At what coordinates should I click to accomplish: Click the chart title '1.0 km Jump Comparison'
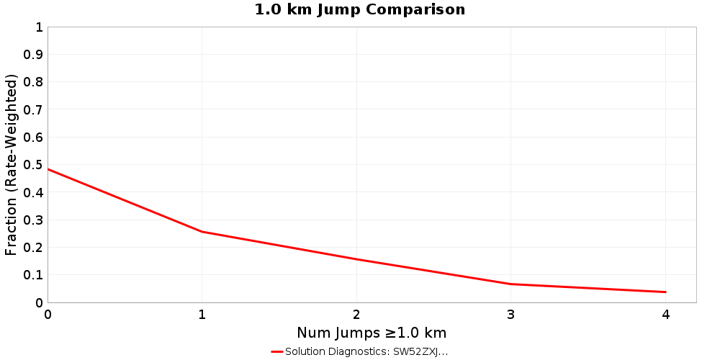point(360,10)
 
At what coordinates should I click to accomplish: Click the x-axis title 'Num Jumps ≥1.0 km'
point(372,333)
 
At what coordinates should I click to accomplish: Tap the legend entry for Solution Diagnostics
point(366,352)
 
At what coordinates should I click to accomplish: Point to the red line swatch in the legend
point(277,352)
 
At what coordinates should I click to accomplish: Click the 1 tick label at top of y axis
point(38,27)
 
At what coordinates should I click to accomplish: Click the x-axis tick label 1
point(202,315)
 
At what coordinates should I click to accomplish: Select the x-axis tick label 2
point(356,315)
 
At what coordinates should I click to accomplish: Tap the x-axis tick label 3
point(511,315)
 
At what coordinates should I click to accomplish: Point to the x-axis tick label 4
point(665,315)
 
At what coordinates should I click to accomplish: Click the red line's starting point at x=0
point(48,169)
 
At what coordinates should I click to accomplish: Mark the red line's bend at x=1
point(202,232)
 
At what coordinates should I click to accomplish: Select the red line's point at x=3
point(511,284)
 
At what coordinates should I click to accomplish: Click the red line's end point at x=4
point(665,292)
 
